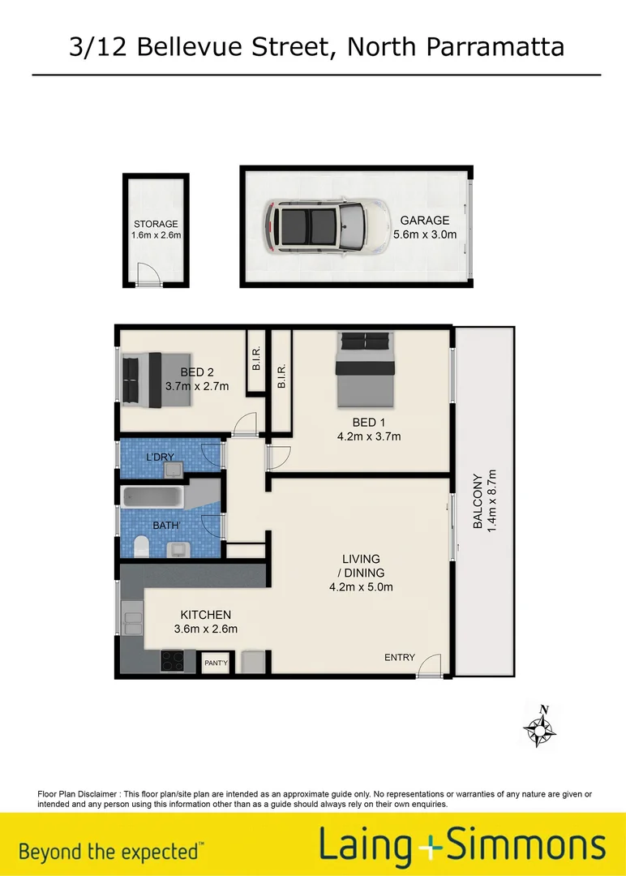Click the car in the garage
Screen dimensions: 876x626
[314, 226]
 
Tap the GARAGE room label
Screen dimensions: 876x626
[424, 221]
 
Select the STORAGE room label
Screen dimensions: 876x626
[156, 225]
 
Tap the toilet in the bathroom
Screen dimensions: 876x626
[139, 547]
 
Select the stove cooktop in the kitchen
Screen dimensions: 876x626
[174, 660]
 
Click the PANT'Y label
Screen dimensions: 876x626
[216, 663]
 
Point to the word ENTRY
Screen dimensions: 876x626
[400, 658]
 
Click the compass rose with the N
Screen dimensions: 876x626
[539, 728]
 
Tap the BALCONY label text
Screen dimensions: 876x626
[478, 501]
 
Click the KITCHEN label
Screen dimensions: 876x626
[205, 615]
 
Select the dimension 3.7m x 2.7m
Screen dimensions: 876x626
[197, 387]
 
